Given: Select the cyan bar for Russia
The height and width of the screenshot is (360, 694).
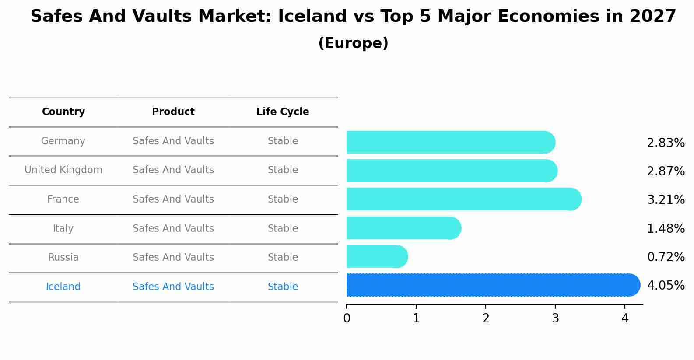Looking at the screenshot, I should click(x=376, y=257).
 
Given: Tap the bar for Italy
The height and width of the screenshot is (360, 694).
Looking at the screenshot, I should click(x=403, y=228).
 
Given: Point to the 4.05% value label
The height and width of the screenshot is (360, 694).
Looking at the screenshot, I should click(x=666, y=286).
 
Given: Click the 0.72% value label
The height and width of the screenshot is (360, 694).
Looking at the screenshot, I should click(x=666, y=257).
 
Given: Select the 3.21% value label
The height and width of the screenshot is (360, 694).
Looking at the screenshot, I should click(x=666, y=200).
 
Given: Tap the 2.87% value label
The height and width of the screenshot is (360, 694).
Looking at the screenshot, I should click(x=666, y=171).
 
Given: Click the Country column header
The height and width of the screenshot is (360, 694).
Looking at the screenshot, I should click(x=63, y=112).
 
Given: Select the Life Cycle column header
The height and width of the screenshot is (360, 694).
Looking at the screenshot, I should click(x=283, y=112).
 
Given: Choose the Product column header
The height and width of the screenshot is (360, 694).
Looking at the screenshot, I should click(x=173, y=112).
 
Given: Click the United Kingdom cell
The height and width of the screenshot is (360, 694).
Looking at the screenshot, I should click(x=63, y=170).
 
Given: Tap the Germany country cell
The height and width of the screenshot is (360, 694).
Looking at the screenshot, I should click(x=63, y=141).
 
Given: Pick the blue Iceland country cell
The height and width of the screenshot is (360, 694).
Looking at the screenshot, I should click(x=63, y=287).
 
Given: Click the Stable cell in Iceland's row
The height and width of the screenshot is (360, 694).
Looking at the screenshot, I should click(x=283, y=287).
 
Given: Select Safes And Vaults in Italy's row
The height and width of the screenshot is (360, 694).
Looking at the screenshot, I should click(x=173, y=229).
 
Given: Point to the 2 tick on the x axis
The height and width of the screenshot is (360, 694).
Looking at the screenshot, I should click(x=486, y=318).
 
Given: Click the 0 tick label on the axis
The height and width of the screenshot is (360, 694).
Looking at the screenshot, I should click(x=347, y=318).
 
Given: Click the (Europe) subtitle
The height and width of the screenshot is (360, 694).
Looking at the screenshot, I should click(x=353, y=43).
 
